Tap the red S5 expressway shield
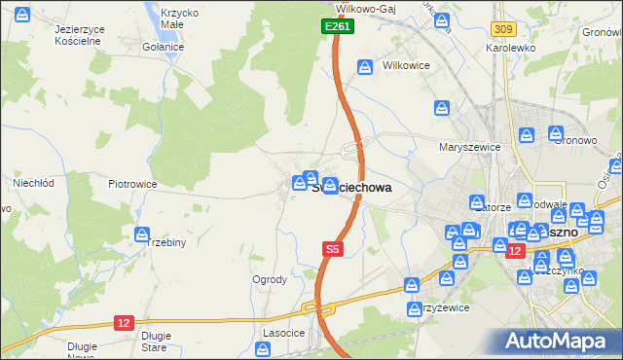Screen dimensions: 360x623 [333, 249]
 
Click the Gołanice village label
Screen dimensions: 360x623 [163, 47]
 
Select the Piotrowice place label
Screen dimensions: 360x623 [132, 183]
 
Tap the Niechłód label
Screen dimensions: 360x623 [32, 182]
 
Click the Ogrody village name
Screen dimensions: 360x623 [270, 279]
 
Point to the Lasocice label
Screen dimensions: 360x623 [282, 332]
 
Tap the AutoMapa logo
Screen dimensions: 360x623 [559, 341]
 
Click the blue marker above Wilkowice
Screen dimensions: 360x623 [365, 67]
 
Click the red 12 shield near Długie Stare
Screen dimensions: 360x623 [123, 323]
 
